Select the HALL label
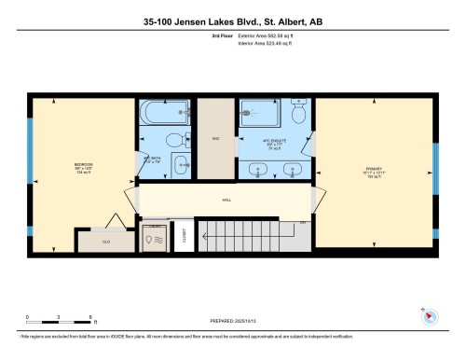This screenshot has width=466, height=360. (226, 200)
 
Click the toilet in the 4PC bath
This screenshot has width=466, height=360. (186, 140)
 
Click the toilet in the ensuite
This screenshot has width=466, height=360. (298, 113)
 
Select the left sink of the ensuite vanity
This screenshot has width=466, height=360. (258, 171)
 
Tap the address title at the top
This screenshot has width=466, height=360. (232, 20)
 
